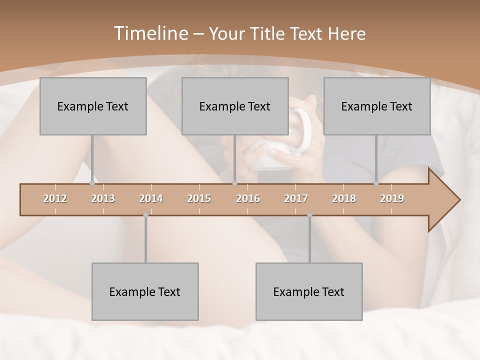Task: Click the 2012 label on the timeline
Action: [55, 198]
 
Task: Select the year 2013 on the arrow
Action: [103, 198]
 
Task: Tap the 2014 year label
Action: [151, 198]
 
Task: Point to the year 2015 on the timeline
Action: [199, 198]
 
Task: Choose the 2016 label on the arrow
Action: [248, 198]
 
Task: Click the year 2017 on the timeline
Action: [296, 198]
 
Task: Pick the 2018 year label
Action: [344, 198]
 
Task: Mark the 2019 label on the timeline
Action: [392, 198]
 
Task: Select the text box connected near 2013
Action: [93, 106]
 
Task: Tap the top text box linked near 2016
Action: [235, 106]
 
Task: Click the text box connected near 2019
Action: [377, 106]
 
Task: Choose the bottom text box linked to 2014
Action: [145, 291]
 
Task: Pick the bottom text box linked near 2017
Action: [309, 291]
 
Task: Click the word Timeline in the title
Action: [150, 33]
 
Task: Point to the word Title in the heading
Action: [270, 34]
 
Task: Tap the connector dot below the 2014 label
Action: [145, 215]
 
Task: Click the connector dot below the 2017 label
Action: [309, 215]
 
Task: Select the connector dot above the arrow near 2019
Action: [376, 183]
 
